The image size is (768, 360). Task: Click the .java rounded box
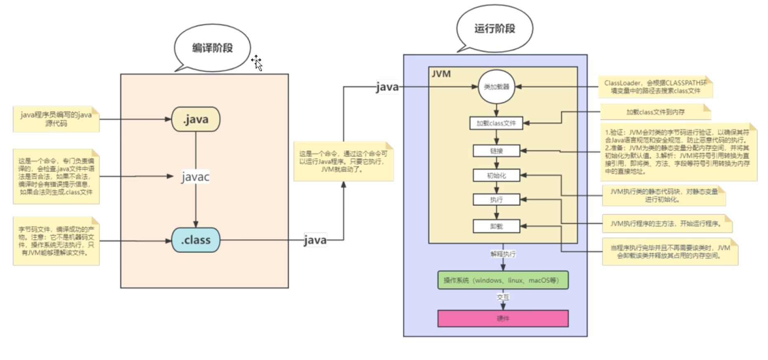click(x=196, y=119)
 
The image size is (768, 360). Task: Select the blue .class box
click(x=196, y=240)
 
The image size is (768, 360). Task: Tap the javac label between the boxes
click(x=195, y=177)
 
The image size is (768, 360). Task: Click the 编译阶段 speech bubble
click(x=212, y=48)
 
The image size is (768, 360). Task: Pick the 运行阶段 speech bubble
click(x=494, y=28)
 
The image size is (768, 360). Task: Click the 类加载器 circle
click(x=496, y=87)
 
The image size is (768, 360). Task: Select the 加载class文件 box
click(x=496, y=123)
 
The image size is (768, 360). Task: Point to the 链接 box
click(x=496, y=151)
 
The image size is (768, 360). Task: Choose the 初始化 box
click(x=496, y=175)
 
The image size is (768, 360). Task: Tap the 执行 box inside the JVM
click(x=496, y=200)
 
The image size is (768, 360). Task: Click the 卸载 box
click(x=496, y=226)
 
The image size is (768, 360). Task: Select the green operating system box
click(x=503, y=280)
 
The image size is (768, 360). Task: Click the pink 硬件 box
click(x=503, y=318)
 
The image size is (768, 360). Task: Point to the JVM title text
click(x=441, y=74)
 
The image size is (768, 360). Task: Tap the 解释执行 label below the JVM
click(x=503, y=254)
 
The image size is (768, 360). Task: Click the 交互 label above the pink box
click(x=503, y=297)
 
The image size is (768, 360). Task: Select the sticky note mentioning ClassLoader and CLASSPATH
click(x=655, y=87)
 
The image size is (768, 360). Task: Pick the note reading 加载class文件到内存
click(x=655, y=112)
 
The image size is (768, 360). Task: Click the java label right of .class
click(x=315, y=240)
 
